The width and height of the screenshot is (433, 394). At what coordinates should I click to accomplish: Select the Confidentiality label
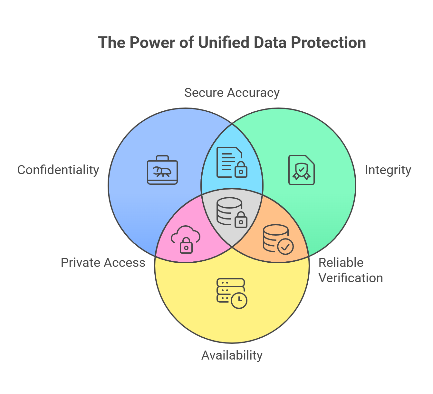[58, 170]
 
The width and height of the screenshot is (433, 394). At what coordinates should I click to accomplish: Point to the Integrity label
[388, 170]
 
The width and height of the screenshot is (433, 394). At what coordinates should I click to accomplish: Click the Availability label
[232, 355]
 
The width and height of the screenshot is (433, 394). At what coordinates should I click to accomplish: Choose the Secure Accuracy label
[232, 93]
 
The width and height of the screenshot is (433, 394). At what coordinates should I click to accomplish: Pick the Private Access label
[103, 263]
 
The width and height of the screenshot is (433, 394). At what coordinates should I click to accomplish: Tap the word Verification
[351, 278]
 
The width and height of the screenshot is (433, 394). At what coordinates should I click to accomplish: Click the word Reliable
[341, 263]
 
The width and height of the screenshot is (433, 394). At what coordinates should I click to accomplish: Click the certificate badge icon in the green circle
[302, 170]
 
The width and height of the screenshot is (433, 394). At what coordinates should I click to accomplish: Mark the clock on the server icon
[239, 301]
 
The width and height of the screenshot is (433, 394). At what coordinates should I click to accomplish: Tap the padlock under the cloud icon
[186, 246]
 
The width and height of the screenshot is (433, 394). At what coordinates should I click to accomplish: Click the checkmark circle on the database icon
[285, 247]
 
